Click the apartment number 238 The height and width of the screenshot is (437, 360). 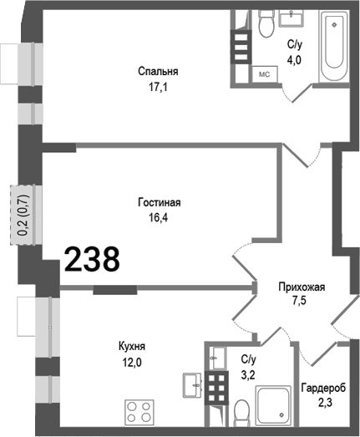92,260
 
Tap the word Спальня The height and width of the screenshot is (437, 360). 159,71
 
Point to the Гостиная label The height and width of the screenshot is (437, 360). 159,202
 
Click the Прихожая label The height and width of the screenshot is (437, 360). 301,287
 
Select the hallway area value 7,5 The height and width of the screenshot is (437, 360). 301,302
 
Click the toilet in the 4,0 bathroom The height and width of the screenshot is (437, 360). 266,26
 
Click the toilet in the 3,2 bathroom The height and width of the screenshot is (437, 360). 241,412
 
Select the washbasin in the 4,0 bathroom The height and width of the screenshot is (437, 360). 296,18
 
